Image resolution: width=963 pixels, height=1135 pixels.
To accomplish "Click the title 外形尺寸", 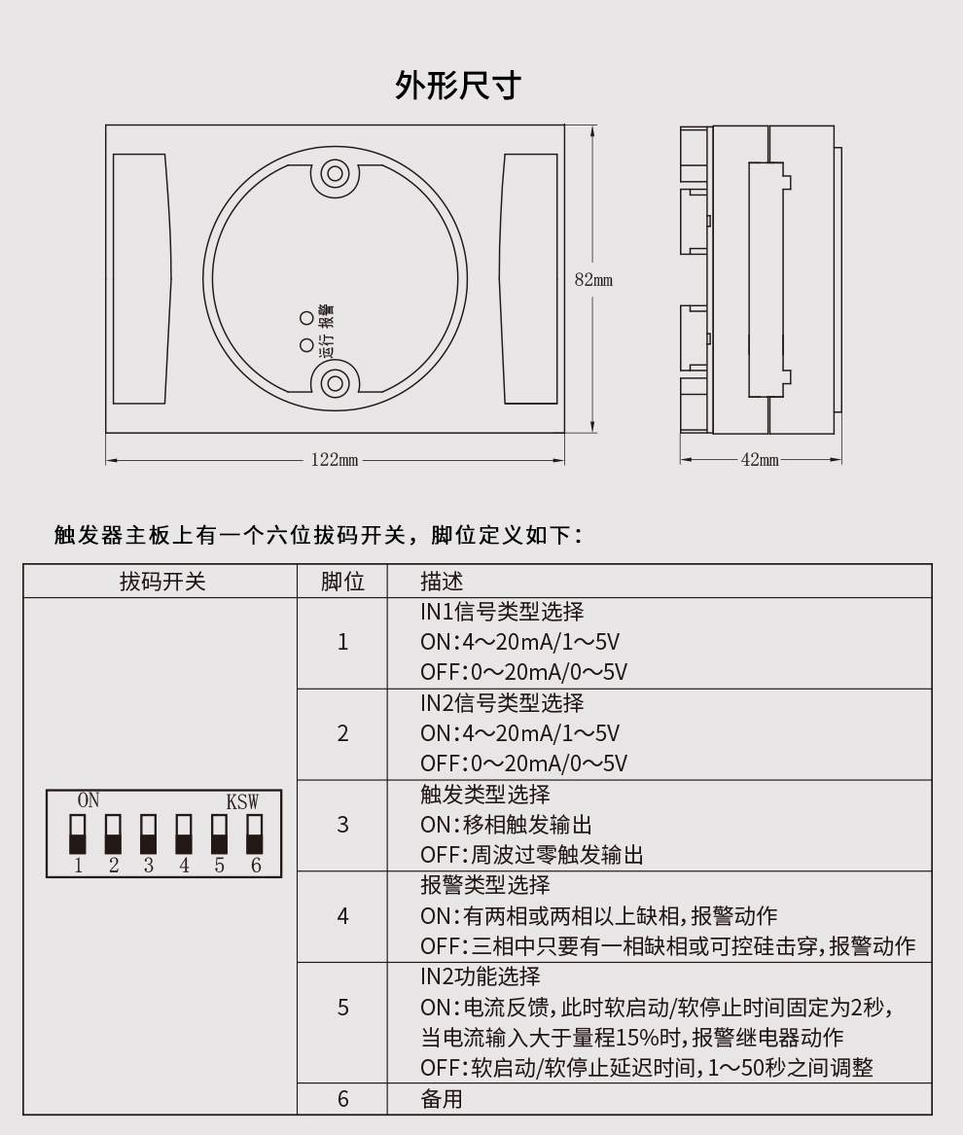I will tap(457, 86).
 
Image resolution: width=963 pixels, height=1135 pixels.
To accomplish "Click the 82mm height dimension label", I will tap(593, 280).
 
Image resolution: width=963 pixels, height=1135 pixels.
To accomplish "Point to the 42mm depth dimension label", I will tap(760, 460).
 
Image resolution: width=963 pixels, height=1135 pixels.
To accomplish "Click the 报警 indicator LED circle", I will tap(306, 317).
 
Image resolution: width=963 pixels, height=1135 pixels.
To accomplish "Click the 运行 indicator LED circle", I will tap(306, 344).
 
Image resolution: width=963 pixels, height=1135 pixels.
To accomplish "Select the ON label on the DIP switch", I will tap(89, 801).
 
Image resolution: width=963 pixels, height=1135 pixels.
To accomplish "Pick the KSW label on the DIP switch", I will tap(242, 802).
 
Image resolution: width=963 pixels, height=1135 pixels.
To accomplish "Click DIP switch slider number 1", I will tap(78, 834).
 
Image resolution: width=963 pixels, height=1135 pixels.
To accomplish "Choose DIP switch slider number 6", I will tap(255, 834).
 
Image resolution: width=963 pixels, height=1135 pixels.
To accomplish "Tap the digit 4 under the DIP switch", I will tap(184, 866).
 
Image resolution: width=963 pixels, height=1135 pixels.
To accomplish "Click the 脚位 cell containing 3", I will tap(342, 825).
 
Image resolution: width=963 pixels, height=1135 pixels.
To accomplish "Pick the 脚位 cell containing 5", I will tap(342, 1008).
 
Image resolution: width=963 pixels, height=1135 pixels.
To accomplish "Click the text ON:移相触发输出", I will tap(506, 825).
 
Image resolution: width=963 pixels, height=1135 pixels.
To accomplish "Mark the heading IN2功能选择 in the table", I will tap(480, 976).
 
